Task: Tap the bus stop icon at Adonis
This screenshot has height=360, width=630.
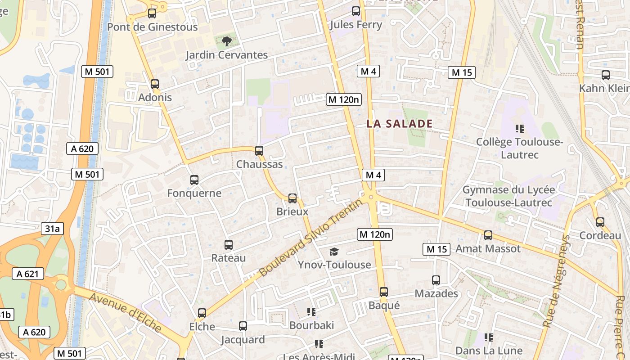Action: (x=155, y=84)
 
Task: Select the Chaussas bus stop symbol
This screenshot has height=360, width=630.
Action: (x=259, y=151)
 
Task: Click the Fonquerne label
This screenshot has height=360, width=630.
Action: (x=194, y=193)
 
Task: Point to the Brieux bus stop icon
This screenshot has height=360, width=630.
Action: (x=292, y=198)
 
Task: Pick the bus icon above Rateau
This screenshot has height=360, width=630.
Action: (x=229, y=245)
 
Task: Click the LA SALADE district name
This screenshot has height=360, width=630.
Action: (x=399, y=124)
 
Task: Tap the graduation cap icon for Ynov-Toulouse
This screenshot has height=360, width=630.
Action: (x=334, y=252)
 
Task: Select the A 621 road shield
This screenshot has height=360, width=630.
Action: (x=28, y=274)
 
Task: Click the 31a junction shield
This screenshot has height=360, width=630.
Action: (x=52, y=229)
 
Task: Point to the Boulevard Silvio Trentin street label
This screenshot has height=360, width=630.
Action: (x=310, y=238)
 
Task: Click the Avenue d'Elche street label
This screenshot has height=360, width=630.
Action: (x=125, y=312)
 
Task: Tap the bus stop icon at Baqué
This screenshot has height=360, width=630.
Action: (x=384, y=292)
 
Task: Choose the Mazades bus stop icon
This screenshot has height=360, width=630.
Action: (x=436, y=280)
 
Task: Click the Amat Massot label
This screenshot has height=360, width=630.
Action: (x=488, y=248)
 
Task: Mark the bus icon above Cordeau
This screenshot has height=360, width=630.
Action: (x=600, y=222)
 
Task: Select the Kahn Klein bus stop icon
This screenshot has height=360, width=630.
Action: (x=606, y=75)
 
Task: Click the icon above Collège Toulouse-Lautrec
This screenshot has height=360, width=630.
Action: (x=520, y=129)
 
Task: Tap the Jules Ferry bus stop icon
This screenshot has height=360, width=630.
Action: (x=356, y=11)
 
